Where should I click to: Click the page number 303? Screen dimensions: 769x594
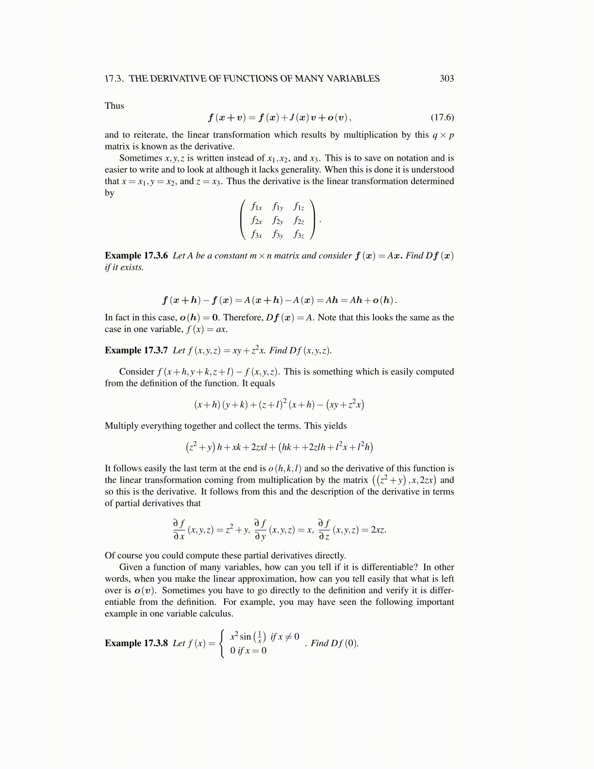446,79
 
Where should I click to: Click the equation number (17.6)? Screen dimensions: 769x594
442,117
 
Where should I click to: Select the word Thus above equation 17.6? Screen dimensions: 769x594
115,106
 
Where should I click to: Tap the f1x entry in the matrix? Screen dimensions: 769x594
256,207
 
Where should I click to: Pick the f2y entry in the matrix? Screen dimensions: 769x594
278,221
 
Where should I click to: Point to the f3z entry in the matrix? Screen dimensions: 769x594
299,235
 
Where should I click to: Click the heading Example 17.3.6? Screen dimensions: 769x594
136,256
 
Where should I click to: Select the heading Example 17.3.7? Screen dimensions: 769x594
136,351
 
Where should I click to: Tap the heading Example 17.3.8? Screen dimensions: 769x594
136,643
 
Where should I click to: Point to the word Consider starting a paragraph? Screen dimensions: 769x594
136,372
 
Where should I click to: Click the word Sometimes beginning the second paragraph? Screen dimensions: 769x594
140,158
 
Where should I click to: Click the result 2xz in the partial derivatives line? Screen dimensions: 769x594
378,530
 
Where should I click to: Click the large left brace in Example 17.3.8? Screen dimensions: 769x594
222,643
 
